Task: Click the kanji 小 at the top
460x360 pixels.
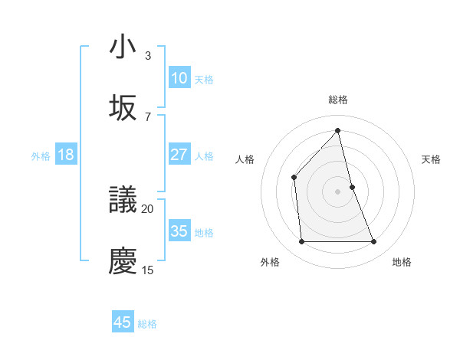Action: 123,47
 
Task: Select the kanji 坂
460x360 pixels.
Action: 123,108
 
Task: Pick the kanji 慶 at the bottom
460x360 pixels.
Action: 123,261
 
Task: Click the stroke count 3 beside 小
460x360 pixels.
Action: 148,56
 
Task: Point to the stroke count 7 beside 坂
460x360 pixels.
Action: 148,116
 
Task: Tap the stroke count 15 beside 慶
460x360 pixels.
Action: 148,270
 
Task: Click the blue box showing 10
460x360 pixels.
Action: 179,78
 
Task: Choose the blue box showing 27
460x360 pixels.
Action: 179,155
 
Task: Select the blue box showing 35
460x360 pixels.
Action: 179,231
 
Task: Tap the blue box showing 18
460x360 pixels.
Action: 66,155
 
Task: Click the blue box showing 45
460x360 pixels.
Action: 123,322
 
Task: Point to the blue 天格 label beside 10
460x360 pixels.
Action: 204,79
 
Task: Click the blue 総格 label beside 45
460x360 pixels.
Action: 147,324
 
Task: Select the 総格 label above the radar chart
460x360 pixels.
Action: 338,100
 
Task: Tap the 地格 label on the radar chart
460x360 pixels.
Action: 402,262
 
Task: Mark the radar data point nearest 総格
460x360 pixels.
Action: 338,131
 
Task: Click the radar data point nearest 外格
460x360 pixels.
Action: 301,242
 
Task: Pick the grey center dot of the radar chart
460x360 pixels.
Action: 338,191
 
